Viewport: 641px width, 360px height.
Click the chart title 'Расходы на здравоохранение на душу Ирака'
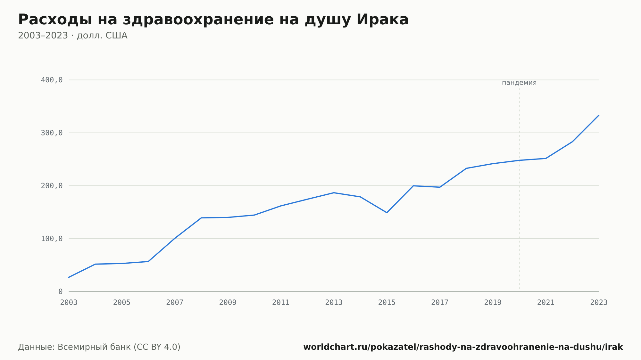pos(213,20)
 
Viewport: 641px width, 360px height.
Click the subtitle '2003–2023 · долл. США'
pos(73,36)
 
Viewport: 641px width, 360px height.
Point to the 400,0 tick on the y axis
pos(52,80)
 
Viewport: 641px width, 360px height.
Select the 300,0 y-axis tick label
pos(52,133)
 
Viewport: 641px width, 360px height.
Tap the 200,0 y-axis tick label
pos(52,186)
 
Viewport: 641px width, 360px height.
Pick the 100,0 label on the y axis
pos(52,239)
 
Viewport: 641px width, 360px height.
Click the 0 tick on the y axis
pos(60,291)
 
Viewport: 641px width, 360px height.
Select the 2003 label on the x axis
pos(69,303)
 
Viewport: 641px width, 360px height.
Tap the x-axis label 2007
pos(175,303)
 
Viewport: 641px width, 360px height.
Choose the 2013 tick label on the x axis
pos(334,303)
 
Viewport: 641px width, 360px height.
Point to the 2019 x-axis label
pos(493,303)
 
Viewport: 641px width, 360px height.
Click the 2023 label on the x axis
pos(599,303)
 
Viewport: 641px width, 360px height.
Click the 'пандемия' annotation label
pos(519,83)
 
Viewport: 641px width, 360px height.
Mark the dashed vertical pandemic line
pos(519,188)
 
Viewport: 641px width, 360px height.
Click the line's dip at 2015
pos(387,213)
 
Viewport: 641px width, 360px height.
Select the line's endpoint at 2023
pos(599,115)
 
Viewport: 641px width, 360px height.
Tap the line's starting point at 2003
pos(69,277)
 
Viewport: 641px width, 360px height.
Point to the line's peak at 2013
pos(334,192)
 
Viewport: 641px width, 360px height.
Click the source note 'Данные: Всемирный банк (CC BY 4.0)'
pos(99,347)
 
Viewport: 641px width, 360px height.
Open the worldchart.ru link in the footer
pos(463,347)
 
